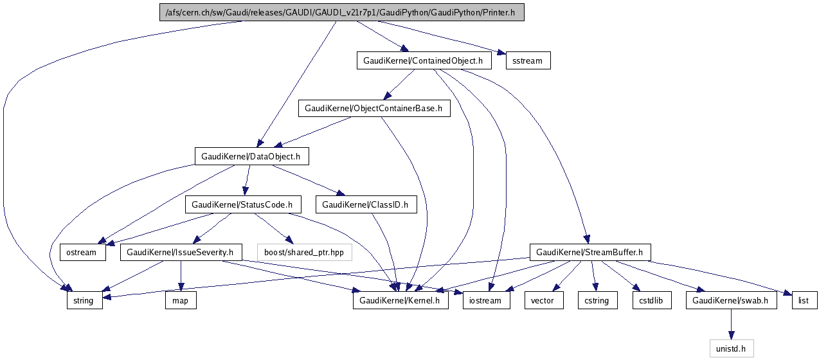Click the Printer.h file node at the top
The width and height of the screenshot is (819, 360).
tap(341, 13)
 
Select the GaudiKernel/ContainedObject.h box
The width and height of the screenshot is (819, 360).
tap(424, 61)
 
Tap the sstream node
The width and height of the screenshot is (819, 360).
tap(528, 61)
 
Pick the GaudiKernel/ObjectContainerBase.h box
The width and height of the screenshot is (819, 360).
tap(373, 108)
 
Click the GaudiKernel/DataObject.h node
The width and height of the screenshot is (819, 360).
tap(251, 156)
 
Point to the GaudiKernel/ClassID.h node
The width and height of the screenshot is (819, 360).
tap(366, 204)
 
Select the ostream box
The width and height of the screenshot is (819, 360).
tap(82, 252)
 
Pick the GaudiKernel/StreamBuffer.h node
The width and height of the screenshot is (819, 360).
tap(589, 252)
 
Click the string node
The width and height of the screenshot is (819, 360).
tap(84, 300)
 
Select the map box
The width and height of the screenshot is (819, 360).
tap(181, 300)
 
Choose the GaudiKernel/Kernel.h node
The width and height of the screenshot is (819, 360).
tap(400, 300)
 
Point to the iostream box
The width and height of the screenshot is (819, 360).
tap(486, 300)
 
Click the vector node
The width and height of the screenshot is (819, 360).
tap(544, 300)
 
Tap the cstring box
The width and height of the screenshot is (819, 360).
tap(597, 300)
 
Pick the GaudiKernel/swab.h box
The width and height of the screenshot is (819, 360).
tap(731, 300)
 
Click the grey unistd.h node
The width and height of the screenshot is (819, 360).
tap(731, 348)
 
